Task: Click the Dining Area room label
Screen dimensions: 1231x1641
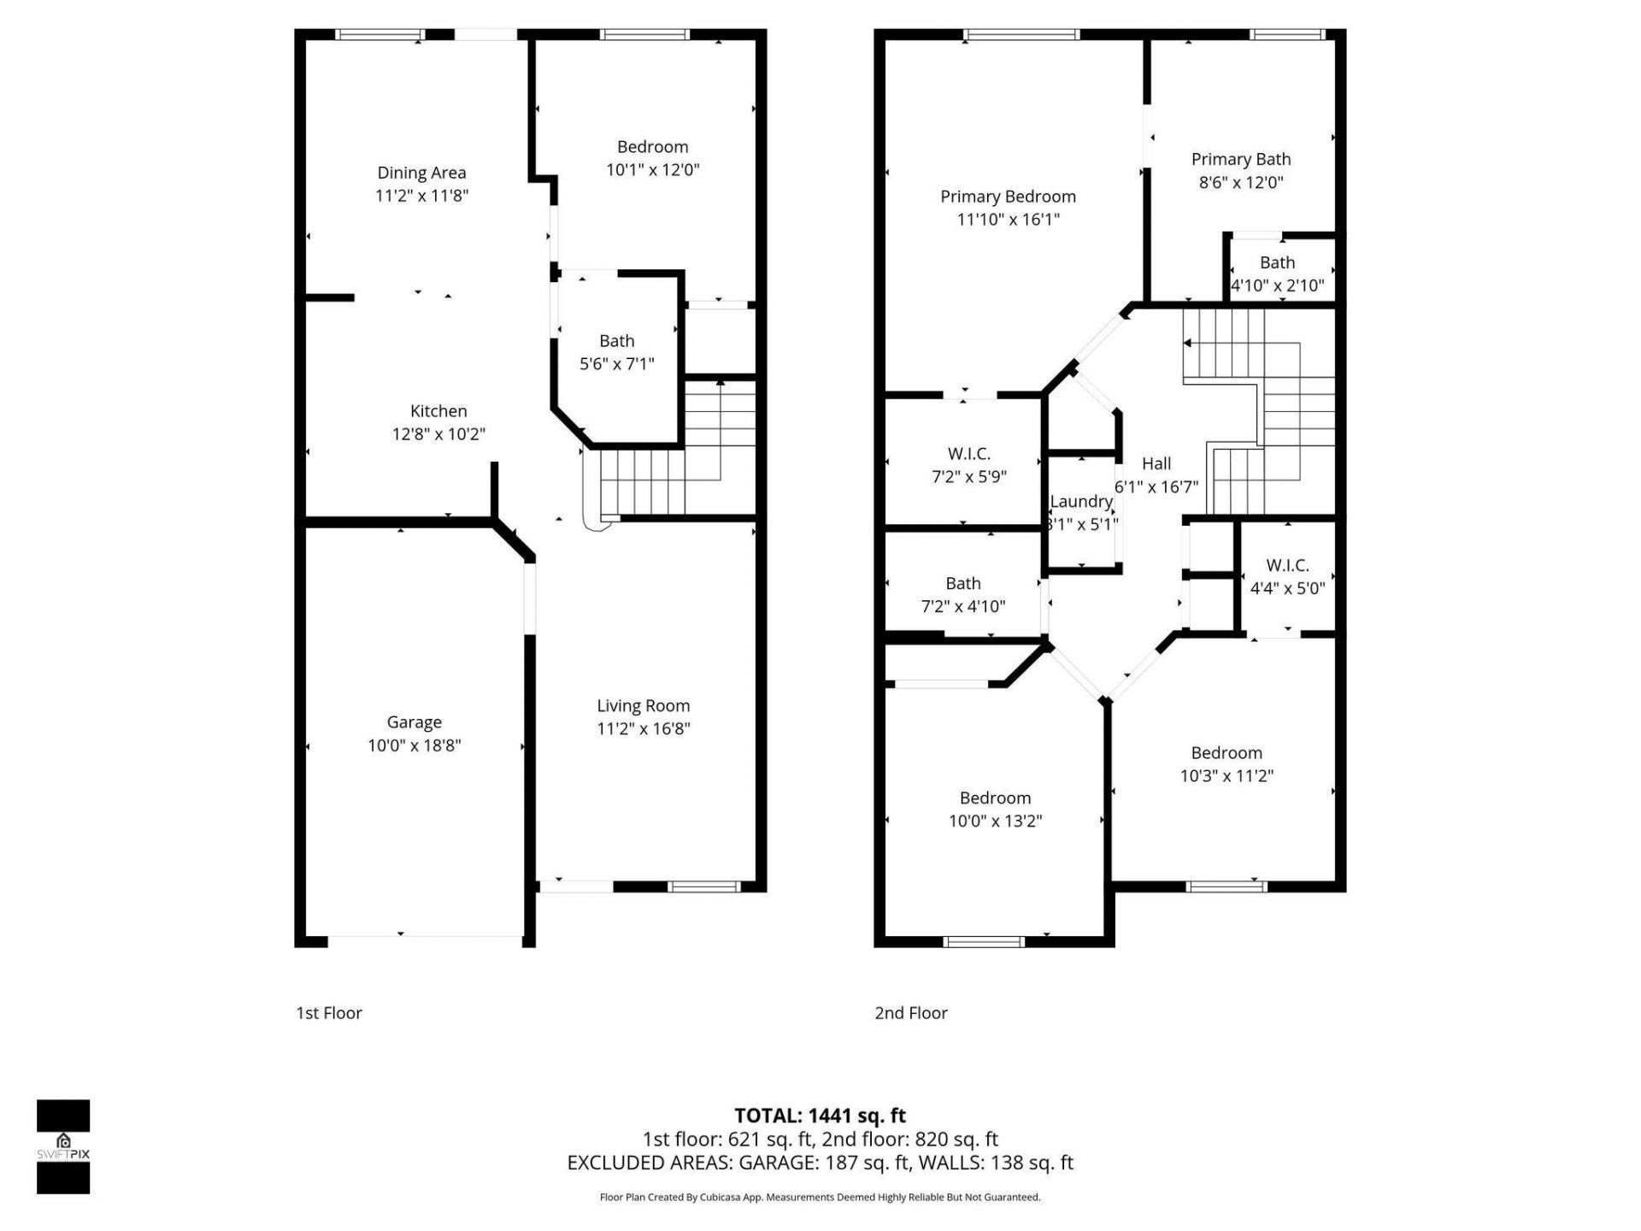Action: point(421,173)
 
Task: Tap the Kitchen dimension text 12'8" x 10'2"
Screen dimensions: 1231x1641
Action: point(438,434)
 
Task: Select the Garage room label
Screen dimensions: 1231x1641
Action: point(414,722)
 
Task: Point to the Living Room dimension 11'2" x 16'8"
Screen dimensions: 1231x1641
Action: point(643,729)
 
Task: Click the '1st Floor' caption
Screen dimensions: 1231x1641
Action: point(329,1013)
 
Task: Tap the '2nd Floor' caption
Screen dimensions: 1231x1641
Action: point(911,1013)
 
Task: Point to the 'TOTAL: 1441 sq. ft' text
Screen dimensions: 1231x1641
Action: point(820,1116)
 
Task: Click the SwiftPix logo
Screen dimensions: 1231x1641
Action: point(63,1146)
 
